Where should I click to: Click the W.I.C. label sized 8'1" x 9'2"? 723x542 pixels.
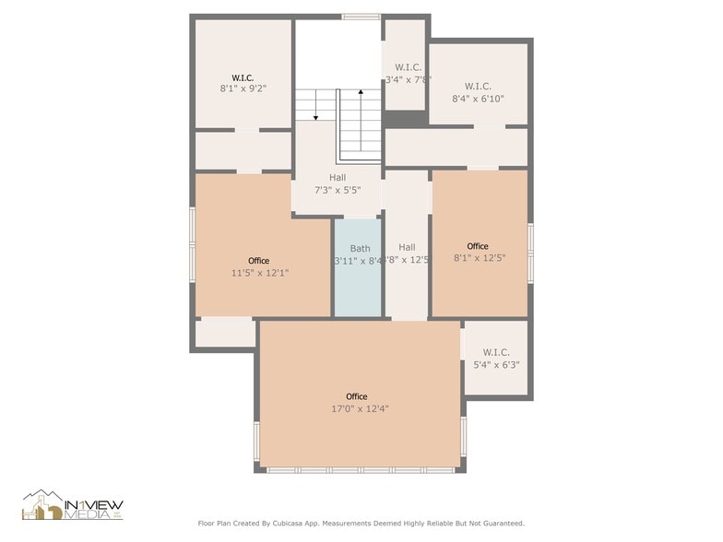pos(243,77)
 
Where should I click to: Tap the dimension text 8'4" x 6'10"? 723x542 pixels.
pos(478,98)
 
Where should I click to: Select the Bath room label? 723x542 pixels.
pos(360,248)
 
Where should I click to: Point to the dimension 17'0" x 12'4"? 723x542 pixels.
pos(360,408)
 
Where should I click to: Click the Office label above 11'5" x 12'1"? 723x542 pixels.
pos(259,261)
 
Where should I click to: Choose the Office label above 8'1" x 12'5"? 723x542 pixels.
pos(478,246)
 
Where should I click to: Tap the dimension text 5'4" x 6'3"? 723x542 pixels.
pos(496,364)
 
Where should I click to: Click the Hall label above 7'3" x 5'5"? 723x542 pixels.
pos(338,177)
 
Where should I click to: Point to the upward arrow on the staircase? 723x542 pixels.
pos(360,94)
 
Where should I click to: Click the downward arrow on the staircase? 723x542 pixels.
pos(315,115)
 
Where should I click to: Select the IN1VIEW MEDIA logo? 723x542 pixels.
pos(73,505)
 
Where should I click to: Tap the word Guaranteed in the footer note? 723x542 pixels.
pos(501,523)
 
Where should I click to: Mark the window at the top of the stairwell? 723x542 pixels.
pos(361,17)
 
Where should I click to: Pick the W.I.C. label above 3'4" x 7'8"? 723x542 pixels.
pos(408,67)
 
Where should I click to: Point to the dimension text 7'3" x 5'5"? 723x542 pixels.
pos(338,190)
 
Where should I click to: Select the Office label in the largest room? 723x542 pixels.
pos(356,396)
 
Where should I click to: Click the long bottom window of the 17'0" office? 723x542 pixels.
pos(361,469)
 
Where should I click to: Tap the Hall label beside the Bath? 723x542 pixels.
pos(407,247)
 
